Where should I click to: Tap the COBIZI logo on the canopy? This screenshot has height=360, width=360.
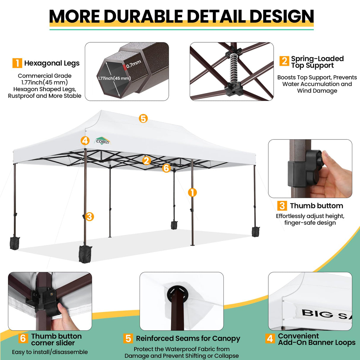pyautogui.click(x=103, y=141)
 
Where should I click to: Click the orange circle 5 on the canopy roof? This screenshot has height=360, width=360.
pyautogui.click(x=143, y=119)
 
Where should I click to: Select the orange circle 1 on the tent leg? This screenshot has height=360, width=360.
pyautogui.click(x=192, y=192)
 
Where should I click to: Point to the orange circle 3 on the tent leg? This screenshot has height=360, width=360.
pyautogui.click(x=89, y=216)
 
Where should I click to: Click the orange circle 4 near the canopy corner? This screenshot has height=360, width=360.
pyautogui.click(x=85, y=140)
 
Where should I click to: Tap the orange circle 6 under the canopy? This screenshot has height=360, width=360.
pyautogui.click(x=166, y=168)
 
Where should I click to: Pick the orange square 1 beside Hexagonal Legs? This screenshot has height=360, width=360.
pyautogui.click(x=17, y=63)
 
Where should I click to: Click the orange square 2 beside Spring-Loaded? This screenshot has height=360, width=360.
pyautogui.click(x=284, y=61)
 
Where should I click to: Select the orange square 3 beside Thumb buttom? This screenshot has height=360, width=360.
pyautogui.click(x=282, y=206)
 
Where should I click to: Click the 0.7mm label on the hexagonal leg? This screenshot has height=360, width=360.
pyautogui.click(x=133, y=64)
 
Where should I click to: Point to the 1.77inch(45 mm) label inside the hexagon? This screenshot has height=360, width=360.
pyautogui.click(x=114, y=78)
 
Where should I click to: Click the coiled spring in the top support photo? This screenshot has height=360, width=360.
pyautogui.click(x=234, y=69)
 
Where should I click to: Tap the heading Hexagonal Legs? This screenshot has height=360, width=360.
pyautogui.click(x=52, y=63)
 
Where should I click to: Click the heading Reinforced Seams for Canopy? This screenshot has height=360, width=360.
pyautogui.click(x=188, y=338)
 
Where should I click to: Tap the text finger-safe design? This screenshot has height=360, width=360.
pyautogui.click(x=310, y=223)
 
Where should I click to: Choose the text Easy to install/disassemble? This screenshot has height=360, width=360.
pyautogui.click(x=50, y=352)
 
